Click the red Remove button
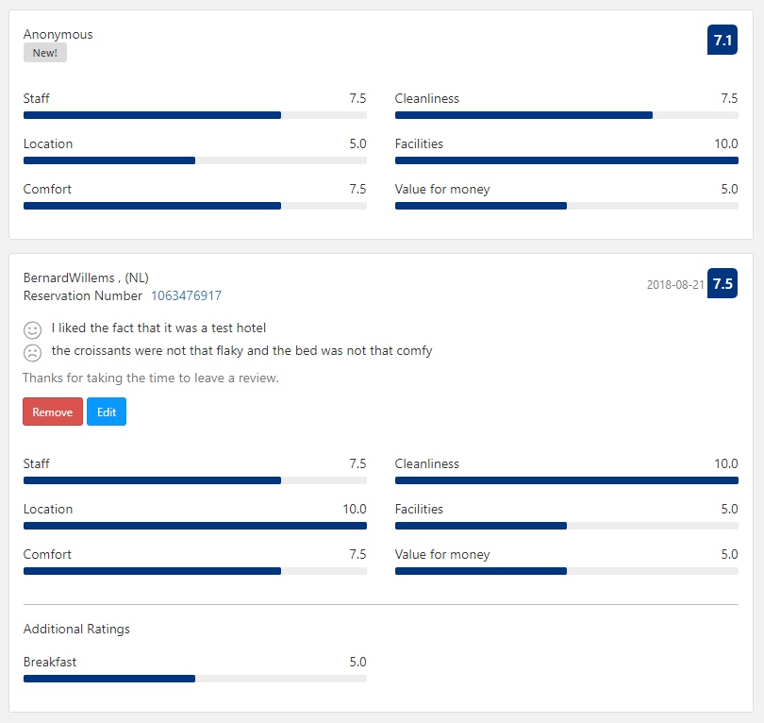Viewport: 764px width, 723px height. pyautogui.click(x=53, y=412)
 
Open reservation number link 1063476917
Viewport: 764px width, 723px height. pyautogui.click(x=186, y=295)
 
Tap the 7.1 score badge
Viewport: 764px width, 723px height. pyautogui.click(x=722, y=40)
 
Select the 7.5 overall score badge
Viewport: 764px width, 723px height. pyautogui.click(x=722, y=284)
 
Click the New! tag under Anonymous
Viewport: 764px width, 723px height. pyautogui.click(x=45, y=53)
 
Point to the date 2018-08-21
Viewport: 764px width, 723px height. pyautogui.click(x=675, y=284)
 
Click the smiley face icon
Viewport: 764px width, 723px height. pyautogui.click(x=33, y=329)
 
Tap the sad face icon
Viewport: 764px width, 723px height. pyautogui.click(x=33, y=352)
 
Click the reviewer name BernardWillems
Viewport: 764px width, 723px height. pyautogui.click(x=69, y=277)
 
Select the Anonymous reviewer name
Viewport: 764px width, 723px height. pyautogui.click(x=58, y=34)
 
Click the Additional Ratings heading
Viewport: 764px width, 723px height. pyautogui.click(x=76, y=629)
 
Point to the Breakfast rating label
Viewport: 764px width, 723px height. pyautogui.click(x=50, y=662)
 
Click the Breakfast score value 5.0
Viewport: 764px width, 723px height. pyautogui.click(x=357, y=662)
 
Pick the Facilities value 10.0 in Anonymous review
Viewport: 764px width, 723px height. pyautogui.click(x=726, y=143)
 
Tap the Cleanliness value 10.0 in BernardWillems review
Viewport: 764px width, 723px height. pyautogui.click(x=726, y=463)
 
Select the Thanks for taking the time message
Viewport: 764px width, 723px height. pyautogui.click(x=151, y=378)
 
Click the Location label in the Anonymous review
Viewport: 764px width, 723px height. pyautogui.click(x=48, y=143)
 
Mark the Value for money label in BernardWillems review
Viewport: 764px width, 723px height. pyautogui.click(x=442, y=554)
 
